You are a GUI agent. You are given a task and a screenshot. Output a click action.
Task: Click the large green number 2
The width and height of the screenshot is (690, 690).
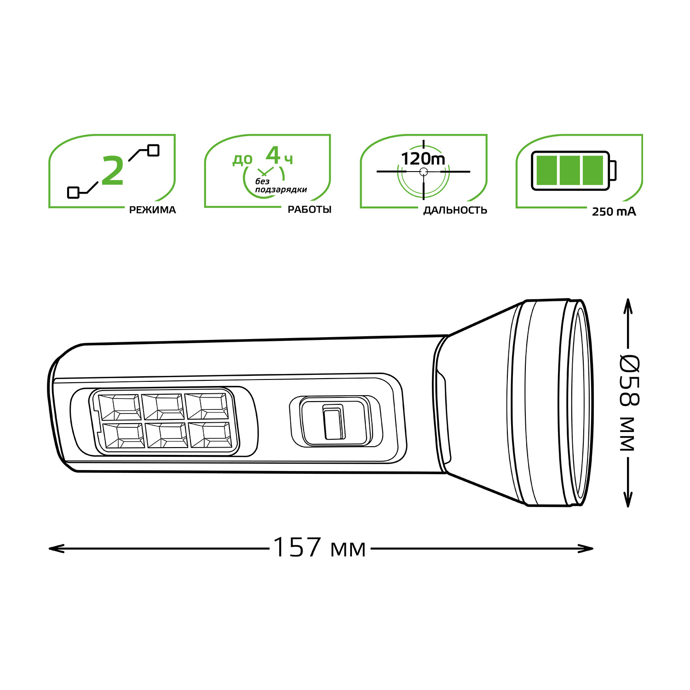113,171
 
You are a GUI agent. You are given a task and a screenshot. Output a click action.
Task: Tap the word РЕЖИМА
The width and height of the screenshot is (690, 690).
152,210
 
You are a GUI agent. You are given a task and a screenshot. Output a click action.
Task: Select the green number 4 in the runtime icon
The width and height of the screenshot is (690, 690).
273,155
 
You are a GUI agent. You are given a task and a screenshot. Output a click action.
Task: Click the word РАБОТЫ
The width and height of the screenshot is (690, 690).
309,210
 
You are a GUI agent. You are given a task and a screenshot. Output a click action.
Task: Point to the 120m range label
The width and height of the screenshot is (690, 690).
423,159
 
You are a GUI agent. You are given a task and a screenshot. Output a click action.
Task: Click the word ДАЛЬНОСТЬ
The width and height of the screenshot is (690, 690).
455,211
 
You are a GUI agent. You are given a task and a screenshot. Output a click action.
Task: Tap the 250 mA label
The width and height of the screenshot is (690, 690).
614,212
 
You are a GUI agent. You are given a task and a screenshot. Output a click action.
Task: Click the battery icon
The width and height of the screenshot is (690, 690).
574,171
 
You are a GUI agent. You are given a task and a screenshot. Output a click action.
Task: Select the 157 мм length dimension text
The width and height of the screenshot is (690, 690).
319,548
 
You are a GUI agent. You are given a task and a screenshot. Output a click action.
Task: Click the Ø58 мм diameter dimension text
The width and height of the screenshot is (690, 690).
629,403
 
